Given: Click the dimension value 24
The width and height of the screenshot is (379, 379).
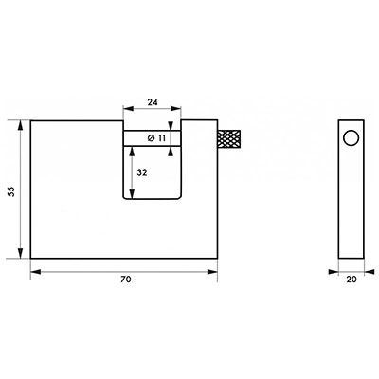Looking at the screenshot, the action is (x=153, y=102).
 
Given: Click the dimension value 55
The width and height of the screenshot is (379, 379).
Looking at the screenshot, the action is (x=11, y=191).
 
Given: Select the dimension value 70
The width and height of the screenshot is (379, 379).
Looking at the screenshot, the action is (x=125, y=280).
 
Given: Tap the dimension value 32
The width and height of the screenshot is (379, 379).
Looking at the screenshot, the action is (x=142, y=172).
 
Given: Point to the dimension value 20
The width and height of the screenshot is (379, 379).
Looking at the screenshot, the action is (x=352, y=280).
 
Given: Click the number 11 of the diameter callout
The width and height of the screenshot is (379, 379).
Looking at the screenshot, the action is (x=161, y=138).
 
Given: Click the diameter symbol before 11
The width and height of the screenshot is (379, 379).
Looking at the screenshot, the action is (x=151, y=138).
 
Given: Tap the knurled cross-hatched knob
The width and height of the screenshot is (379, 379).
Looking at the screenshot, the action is (x=229, y=139).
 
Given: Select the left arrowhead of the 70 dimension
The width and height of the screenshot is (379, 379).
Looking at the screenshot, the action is (x=36, y=272).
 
